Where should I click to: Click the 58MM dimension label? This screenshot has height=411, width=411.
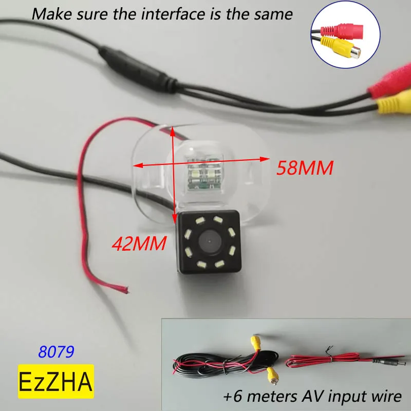pos(305,167)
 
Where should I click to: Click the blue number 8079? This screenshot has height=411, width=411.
pos(57,352)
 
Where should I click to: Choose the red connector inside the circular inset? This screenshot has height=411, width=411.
pos(343,29)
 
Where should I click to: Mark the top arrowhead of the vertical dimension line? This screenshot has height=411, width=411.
pos(173,129)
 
